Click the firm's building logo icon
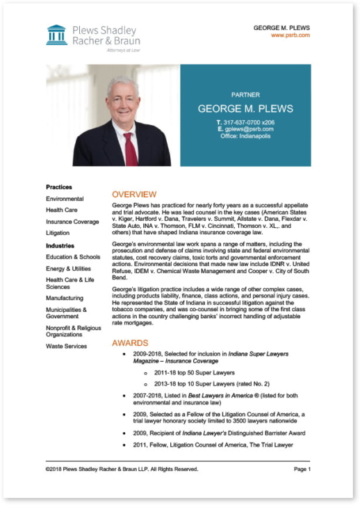pyautogui.click(x=56, y=35)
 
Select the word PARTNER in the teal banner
pyautogui.click(x=245, y=94)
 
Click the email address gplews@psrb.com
pyautogui.click(x=249, y=129)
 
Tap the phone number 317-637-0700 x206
pyautogui.click(x=249, y=122)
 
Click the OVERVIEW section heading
pyautogui.click(x=134, y=194)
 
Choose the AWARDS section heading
pyautogui.click(x=130, y=343)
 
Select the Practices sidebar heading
pyautogui.click(x=59, y=187)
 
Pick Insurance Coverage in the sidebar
pyautogui.click(x=72, y=222)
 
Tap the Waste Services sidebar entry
pyautogui.click(x=66, y=346)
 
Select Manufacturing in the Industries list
pyautogui.click(x=65, y=298)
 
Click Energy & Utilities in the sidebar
pyautogui.click(x=68, y=268)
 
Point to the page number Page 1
pyautogui.click(x=302, y=469)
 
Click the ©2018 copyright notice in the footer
pyautogui.click(x=122, y=469)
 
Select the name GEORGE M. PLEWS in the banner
pyautogui.click(x=245, y=109)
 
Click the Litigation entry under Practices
pyautogui.click(x=58, y=233)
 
